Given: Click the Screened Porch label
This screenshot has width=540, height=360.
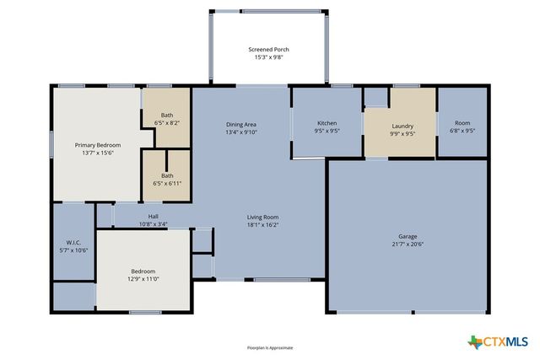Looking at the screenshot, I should (268, 50).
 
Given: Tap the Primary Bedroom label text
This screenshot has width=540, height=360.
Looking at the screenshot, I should (94, 145).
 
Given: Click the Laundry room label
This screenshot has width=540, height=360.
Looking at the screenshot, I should (402, 125).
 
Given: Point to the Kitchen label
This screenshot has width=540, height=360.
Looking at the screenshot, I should (327, 123).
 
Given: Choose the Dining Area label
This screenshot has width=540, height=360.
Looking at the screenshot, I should (241, 125).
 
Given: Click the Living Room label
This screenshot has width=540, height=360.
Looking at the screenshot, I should (262, 216).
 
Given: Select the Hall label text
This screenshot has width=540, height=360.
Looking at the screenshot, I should (154, 217).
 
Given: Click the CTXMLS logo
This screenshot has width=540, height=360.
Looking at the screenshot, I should (498, 341).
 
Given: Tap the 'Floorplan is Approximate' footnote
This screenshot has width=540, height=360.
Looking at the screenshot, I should (269, 347).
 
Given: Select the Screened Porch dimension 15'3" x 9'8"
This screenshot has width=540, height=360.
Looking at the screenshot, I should (268, 58).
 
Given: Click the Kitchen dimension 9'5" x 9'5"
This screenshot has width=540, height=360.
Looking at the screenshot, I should (327, 132).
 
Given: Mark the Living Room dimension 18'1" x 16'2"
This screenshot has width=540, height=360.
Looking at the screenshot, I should (262, 224).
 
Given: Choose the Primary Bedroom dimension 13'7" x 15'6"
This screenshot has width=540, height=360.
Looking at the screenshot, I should (94, 153).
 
